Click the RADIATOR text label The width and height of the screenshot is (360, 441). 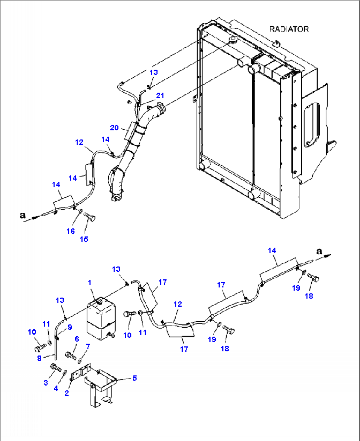(289, 29)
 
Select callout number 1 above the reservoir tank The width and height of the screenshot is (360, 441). (90, 283)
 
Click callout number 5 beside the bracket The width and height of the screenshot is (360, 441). (134, 378)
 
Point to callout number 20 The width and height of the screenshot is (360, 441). (114, 128)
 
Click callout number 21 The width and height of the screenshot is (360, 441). (160, 96)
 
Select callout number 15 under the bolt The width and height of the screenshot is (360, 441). (84, 239)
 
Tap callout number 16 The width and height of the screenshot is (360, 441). (71, 231)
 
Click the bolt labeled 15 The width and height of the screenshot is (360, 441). (90, 217)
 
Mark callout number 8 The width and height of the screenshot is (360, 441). (39, 358)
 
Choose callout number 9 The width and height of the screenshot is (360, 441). (70, 327)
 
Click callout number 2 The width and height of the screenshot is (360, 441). (67, 393)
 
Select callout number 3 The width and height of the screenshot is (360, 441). (46, 383)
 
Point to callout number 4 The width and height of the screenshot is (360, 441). (56, 388)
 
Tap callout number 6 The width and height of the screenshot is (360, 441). (77, 339)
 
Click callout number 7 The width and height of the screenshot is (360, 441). (88, 346)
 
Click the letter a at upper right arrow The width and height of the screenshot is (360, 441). (319, 251)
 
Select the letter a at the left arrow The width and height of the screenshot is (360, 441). (22, 216)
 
